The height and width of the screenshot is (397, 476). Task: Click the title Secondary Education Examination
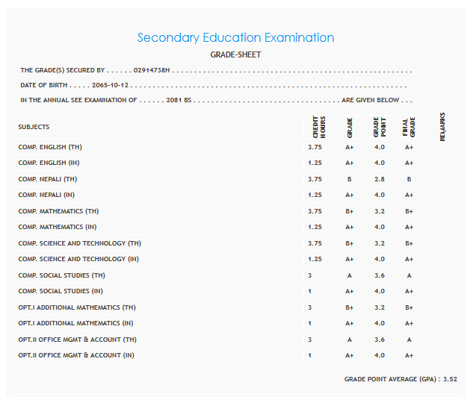point(235,37)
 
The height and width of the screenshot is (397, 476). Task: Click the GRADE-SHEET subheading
point(235,54)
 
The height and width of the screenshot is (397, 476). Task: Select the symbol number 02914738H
point(152,70)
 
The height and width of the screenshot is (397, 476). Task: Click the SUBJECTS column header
point(34,127)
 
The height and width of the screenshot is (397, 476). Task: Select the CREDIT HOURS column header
point(315,127)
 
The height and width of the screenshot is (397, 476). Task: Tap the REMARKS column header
point(442,127)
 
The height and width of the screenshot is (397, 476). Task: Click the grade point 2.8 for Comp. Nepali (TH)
point(379,179)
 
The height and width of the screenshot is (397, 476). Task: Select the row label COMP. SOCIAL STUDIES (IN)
point(61,291)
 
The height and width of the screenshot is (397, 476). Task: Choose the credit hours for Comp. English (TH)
point(315,147)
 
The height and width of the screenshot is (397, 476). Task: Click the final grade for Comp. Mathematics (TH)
point(409,211)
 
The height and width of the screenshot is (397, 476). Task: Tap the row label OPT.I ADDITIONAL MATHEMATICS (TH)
point(77,307)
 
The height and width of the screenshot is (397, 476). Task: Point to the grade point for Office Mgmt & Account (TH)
point(379,340)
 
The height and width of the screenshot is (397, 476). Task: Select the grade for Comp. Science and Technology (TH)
point(349,243)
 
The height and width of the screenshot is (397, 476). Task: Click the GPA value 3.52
point(448,379)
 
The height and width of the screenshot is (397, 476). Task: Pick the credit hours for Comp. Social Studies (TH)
point(310,275)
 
